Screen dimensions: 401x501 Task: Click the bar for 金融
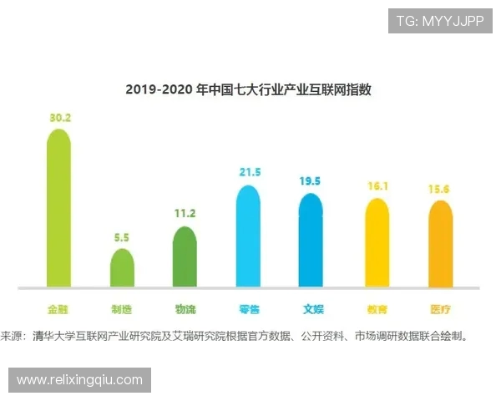[x=58, y=209]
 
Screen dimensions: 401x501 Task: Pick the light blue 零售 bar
[x=249, y=236]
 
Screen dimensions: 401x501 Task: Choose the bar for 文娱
[x=311, y=240]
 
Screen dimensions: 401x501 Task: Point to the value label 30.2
[x=59, y=118]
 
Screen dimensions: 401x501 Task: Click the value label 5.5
[x=122, y=237]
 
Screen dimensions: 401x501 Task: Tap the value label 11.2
[x=185, y=215]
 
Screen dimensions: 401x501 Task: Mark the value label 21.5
[x=249, y=172]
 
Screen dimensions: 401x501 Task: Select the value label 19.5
[x=311, y=180]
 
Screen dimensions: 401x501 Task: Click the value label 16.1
[x=377, y=187]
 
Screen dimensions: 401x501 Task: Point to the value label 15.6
[x=440, y=190]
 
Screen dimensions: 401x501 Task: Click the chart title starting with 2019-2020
[x=249, y=89]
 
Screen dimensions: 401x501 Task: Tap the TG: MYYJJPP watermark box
[x=440, y=21]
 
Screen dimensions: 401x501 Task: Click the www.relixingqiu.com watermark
[x=79, y=380]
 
